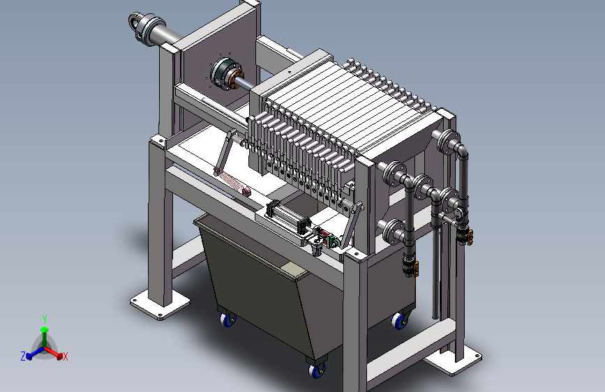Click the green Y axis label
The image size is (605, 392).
pyautogui.click(x=45, y=319)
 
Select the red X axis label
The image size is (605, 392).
pyautogui.click(x=65, y=357)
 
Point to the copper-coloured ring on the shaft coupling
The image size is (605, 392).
pyautogui.click(x=234, y=80)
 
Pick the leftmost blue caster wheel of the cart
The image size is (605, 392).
pyautogui.click(x=227, y=319)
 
